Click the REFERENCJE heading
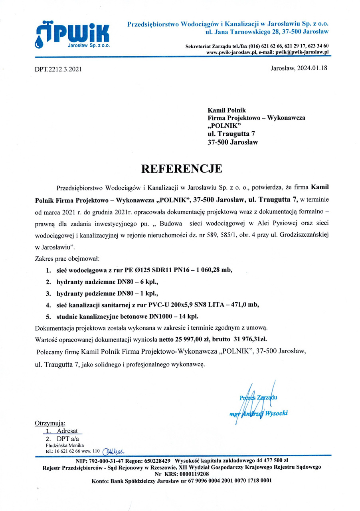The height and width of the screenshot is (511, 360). click(182, 168)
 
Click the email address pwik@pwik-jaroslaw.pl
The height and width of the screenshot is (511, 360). click(301, 52)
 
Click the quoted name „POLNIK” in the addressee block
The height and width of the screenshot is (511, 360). click(225, 126)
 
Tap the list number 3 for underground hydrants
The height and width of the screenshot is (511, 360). click(48, 293)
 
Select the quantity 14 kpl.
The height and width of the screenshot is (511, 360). click(187, 317)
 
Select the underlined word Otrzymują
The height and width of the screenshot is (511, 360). click(50, 423)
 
